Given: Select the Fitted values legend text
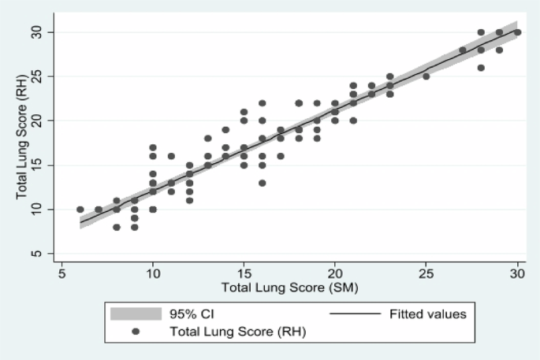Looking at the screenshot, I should pyautogui.click(x=429, y=314).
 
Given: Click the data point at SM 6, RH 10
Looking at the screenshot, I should pyautogui.click(x=80, y=210).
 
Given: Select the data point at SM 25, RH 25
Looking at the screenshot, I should pyautogui.click(x=426, y=76).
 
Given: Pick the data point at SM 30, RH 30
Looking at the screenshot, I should pyautogui.click(x=517, y=32).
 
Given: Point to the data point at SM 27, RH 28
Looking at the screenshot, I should pyautogui.click(x=463, y=50).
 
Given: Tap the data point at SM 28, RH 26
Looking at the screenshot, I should pyautogui.click(x=481, y=68).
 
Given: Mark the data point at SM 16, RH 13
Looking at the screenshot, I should pyautogui.click(x=263, y=183).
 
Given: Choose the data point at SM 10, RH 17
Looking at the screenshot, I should pyautogui.click(x=153, y=147).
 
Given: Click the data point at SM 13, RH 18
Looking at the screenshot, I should pyautogui.click(x=208, y=139).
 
